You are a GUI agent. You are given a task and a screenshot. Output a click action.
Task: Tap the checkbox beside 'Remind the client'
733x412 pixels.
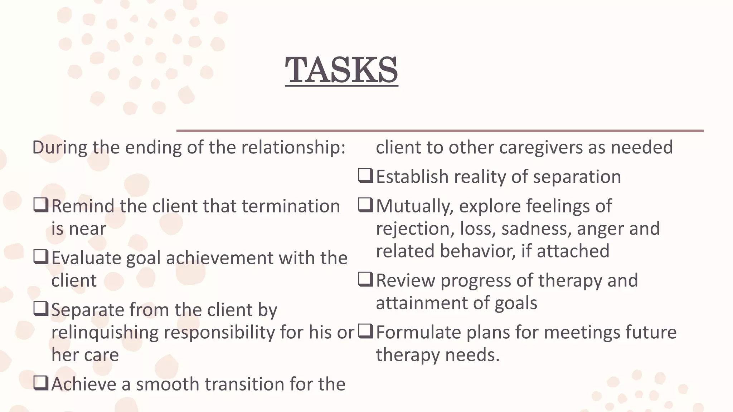pos(41,205)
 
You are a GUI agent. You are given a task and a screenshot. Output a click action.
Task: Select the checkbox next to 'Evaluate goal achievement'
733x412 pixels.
pos(41,257)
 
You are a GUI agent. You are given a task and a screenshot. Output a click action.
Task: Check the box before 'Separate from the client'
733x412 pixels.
pos(41,309)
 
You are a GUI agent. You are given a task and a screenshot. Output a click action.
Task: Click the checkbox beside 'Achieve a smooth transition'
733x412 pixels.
pos(41,383)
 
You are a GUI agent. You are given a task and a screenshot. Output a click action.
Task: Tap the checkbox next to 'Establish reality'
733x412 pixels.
pos(365,176)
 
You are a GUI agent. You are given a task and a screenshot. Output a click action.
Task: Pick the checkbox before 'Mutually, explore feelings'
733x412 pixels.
pos(365,205)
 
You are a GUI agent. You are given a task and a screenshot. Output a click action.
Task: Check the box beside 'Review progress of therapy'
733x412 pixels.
pos(365,280)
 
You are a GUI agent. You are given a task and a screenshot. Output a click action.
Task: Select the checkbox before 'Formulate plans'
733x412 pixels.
pos(365,332)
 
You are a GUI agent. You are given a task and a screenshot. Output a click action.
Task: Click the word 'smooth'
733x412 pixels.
pos(167,384)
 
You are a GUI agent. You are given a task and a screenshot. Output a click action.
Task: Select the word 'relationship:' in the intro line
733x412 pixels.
pos(293,147)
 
